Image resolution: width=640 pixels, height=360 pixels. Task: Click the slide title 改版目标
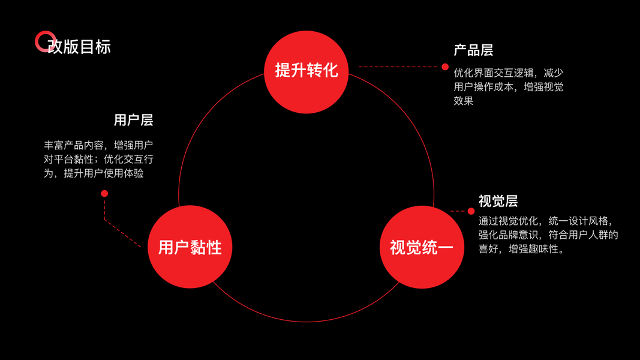click(80, 46)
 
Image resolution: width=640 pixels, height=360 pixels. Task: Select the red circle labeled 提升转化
click(306, 71)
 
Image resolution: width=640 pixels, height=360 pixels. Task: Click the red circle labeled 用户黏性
click(190, 247)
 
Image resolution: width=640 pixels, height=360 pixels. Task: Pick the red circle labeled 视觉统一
click(422, 247)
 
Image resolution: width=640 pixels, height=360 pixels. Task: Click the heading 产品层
click(473, 50)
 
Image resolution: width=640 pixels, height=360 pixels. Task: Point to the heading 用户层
click(133, 120)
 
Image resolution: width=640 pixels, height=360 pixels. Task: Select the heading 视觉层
click(498, 201)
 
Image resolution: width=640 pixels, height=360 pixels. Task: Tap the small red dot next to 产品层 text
click(445, 67)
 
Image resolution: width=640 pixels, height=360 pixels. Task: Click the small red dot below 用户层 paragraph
click(104, 193)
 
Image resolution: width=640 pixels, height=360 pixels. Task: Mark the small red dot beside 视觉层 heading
click(471, 211)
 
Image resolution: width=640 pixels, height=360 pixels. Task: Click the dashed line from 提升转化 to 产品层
click(399, 67)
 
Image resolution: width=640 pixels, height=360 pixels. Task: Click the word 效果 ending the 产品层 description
click(464, 101)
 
